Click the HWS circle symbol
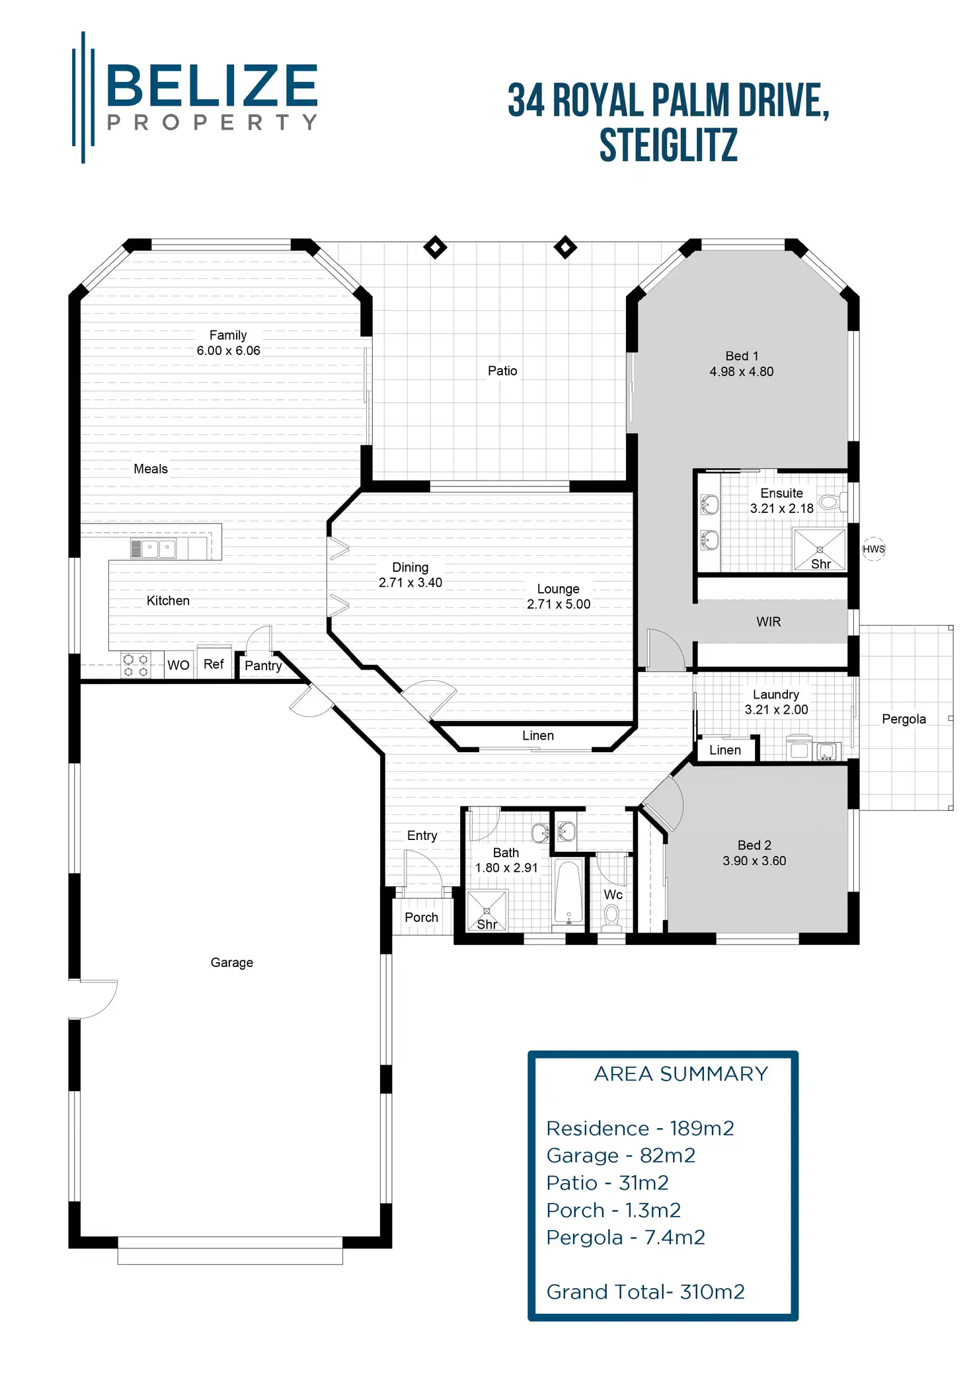(x=873, y=549)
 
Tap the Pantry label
(x=263, y=666)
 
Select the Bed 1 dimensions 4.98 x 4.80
(x=741, y=371)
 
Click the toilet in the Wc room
(x=611, y=916)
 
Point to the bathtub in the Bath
(x=568, y=892)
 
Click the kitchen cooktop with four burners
(x=136, y=666)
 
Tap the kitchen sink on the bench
(x=159, y=549)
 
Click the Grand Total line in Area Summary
(x=645, y=1291)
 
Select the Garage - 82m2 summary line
(x=621, y=1155)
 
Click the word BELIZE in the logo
(x=212, y=86)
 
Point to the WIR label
(x=768, y=621)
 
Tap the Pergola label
(x=904, y=719)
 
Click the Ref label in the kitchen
(x=214, y=664)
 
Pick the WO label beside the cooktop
(x=178, y=665)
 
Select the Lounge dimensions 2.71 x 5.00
(x=559, y=604)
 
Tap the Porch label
(x=421, y=917)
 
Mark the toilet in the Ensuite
(x=831, y=502)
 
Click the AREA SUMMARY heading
(x=681, y=1074)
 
